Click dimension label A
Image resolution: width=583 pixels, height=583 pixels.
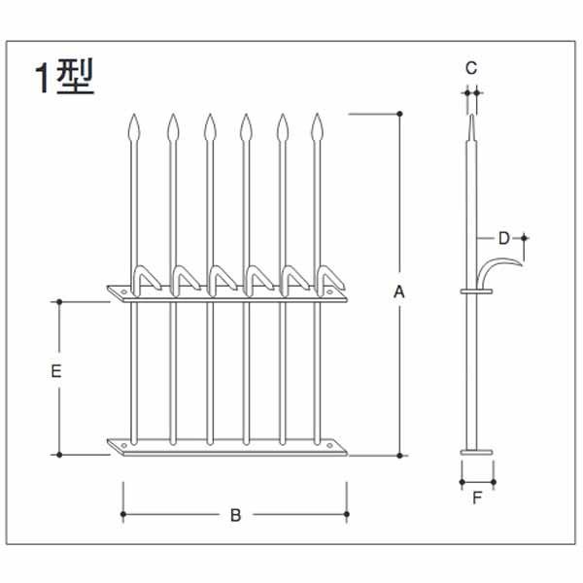[x=398, y=291]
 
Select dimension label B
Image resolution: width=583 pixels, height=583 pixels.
[x=235, y=516]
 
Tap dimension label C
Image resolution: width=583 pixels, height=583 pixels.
[x=471, y=67]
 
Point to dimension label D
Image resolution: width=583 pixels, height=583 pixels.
[x=503, y=237]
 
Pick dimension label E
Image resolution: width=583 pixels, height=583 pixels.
[x=57, y=371]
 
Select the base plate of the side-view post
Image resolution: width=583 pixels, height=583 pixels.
[x=477, y=452]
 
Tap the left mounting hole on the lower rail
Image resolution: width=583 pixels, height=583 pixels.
[x=123, y=446]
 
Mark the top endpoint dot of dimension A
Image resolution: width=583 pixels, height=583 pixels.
[x=400, y=114]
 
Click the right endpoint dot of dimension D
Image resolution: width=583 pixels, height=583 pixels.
[x=525, y=237]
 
